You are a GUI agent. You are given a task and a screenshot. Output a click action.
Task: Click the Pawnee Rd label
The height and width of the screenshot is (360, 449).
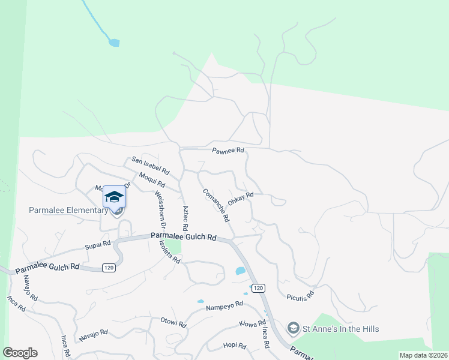228,151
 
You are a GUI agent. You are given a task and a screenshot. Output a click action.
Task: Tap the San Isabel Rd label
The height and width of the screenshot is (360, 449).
151,165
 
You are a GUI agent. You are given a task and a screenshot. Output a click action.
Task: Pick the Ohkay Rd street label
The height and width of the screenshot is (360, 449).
241,197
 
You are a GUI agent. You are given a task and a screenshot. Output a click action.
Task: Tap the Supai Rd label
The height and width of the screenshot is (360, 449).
98,244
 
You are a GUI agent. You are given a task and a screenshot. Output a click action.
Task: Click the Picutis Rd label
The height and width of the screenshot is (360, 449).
301,296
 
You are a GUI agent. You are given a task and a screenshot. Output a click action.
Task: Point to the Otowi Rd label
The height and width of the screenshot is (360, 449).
173,323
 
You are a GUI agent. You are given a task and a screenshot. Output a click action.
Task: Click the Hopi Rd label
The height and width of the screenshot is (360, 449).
235,346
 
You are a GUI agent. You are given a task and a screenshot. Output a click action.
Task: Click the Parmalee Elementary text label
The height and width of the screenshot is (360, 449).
68,210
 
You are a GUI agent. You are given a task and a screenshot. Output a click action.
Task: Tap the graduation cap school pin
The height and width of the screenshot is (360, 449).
114,197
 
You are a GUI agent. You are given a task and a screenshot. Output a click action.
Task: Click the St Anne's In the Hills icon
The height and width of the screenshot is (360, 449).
294,328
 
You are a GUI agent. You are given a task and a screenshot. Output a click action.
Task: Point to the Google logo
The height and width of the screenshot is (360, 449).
20,353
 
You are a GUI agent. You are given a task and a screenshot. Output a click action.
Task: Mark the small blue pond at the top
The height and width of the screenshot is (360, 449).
113,43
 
